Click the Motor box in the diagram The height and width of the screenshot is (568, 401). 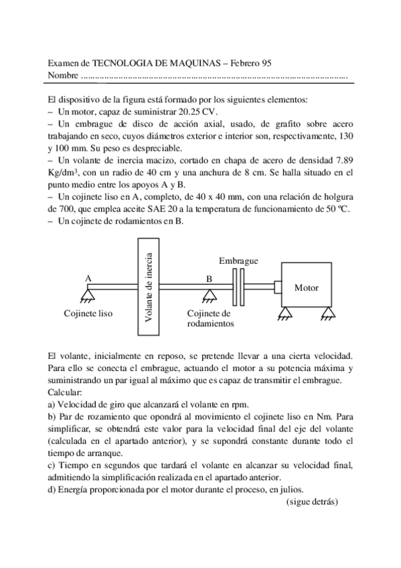307,287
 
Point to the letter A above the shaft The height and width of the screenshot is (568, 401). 88,277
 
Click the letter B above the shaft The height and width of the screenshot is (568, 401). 209,277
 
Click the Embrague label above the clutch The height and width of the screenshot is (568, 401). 238,260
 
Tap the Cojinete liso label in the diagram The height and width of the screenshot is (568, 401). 88,313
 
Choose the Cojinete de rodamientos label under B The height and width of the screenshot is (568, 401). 210,318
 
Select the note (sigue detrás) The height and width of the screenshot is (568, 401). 313,501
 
